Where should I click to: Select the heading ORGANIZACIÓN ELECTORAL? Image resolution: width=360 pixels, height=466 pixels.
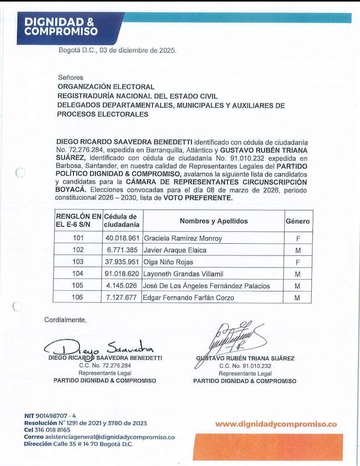(x=106, y=87)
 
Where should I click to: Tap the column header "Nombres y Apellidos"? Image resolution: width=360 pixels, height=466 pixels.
(x=213, y=221)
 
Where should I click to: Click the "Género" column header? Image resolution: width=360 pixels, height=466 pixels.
(x=297, y=221)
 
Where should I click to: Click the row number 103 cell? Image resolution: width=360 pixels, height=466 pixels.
(x=78, y=262)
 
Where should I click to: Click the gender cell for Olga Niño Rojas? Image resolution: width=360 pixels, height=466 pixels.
(x=297, y=262)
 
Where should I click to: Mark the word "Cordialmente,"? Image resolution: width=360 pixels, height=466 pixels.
(x=65, y=320)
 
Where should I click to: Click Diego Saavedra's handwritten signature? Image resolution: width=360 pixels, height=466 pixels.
(x=102, y=347)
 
